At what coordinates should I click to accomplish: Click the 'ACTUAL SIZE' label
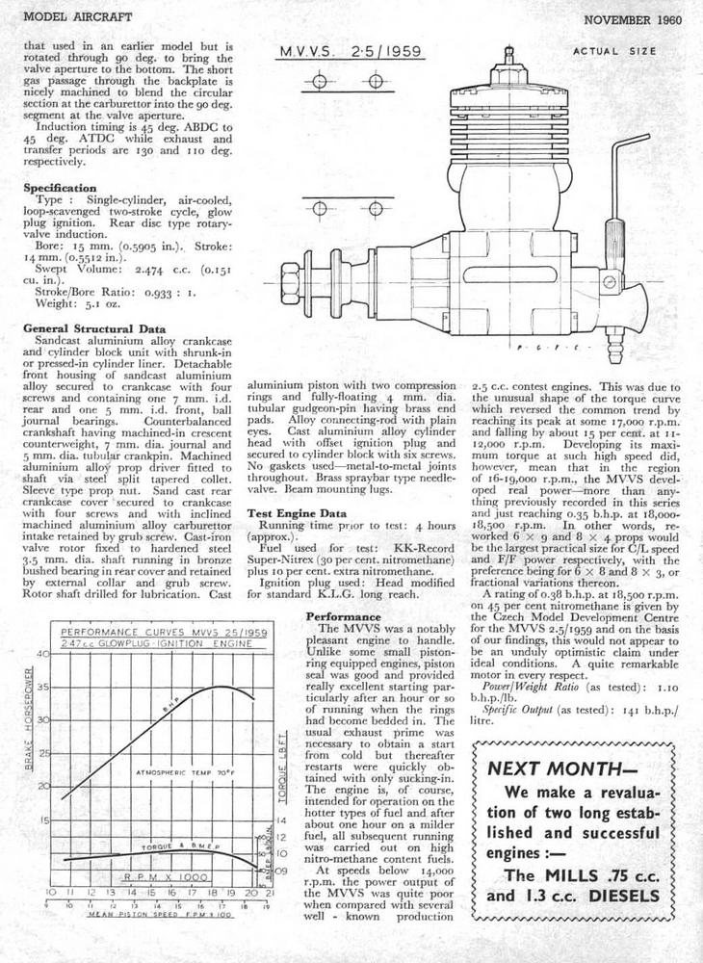pos(614,51)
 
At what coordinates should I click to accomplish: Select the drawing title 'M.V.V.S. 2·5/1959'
pos(350,52)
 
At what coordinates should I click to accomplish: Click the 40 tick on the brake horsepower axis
pos(43,655)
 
